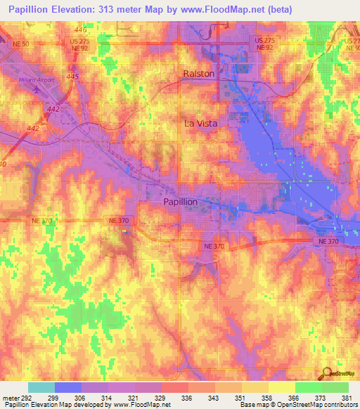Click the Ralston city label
[199, 73]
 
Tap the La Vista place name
[200, 123]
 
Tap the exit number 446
[81, 31]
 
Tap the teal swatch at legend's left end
[41, 387]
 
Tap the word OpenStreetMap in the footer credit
[315, 405]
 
